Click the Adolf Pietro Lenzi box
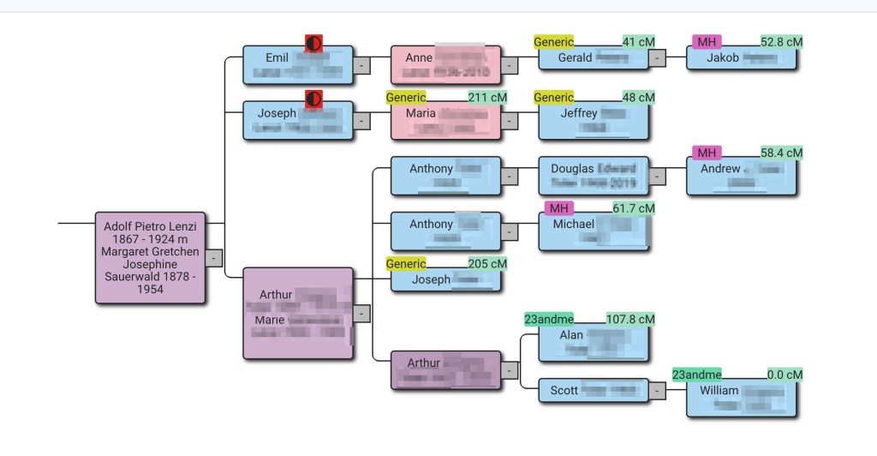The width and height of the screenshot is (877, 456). click(x=151, y=257)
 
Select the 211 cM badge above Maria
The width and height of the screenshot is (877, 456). click(x=487, y=98)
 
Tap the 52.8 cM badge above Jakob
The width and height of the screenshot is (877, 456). click(x=781, y=42)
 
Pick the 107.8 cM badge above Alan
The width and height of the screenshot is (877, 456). click(x=629, y=320)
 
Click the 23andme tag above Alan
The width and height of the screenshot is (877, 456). click(x=549, y=320)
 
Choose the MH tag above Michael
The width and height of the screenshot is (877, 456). click(x=558, y=208)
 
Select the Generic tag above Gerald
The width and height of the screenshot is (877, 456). click(x=553, y=42)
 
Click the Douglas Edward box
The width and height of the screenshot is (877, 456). click(x=594, y=176)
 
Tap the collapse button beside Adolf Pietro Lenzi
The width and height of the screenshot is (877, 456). click(x=214, y=257)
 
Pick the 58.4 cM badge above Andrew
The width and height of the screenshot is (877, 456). click(x=781, y=153)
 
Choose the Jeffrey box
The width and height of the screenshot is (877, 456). click(x=594, y=120)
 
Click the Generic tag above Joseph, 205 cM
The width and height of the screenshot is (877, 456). click(x=406, y=264)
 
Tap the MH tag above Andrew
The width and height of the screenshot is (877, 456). click(x=706, y=153)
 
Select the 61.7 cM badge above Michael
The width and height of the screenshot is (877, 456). click(x=633, y=208)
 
